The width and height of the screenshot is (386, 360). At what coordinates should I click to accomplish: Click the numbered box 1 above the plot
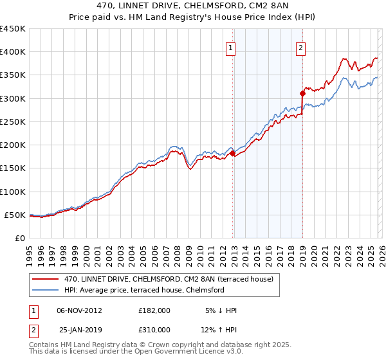click(x=230, y=47)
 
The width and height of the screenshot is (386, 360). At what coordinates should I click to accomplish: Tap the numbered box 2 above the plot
click(x=300, y=47)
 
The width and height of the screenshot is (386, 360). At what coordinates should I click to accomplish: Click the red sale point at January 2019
click(x=302, y=93)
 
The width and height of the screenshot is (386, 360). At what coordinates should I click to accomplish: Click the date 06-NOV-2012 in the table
click(x=80, y=310)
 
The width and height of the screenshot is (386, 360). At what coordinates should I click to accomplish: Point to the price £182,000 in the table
click(x=154, y=310)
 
